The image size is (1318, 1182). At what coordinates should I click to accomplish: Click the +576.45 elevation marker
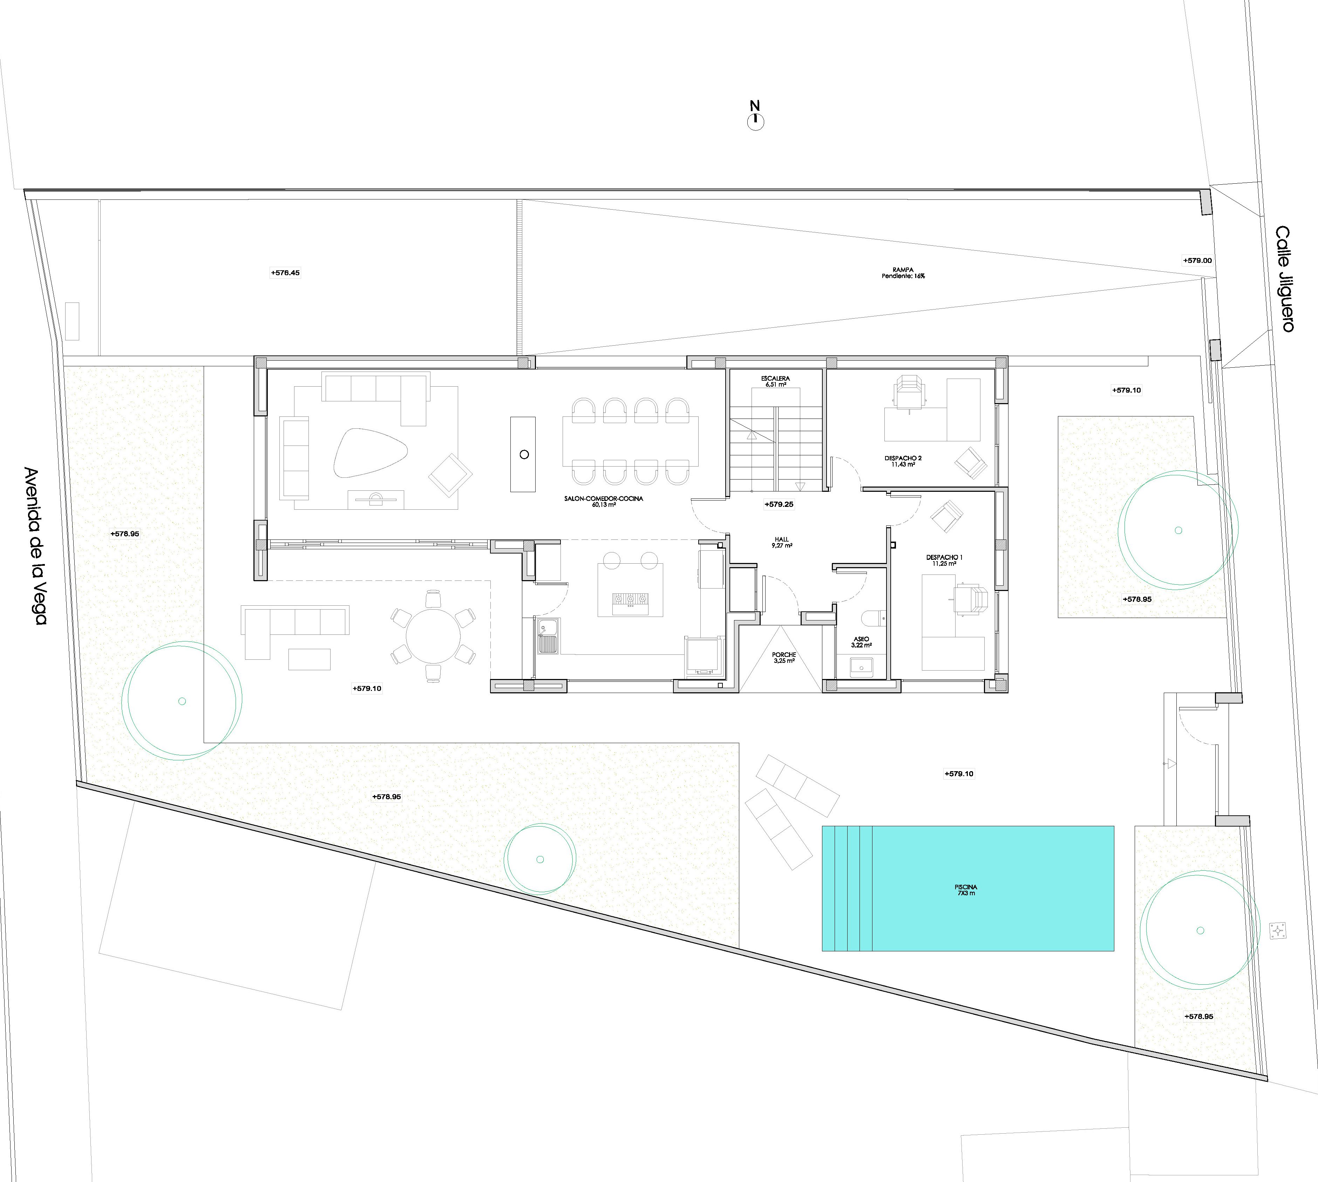tap(285, 273)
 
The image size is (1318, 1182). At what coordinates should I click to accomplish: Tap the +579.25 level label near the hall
tap(779, 504)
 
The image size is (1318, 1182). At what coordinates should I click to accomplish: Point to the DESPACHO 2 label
tap(903, 458)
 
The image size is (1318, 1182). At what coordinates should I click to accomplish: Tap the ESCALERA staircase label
tap(776, 378)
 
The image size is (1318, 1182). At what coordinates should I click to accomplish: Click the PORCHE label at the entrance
tap(784, 655)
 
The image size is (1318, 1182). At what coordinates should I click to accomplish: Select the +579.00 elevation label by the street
tap(1197, 260)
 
